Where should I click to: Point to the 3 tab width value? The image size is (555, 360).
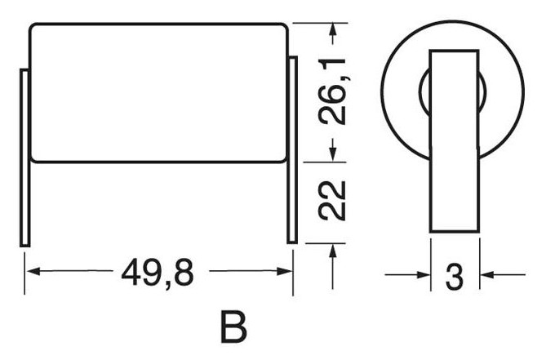point(455,277)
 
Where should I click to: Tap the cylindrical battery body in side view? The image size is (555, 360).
point(159,91)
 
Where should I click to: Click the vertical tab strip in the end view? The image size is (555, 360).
point(454,139)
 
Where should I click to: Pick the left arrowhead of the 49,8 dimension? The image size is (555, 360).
point(31,273)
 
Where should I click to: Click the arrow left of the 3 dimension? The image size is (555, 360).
point(423,275)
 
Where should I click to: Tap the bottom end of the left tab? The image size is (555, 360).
point(24,242)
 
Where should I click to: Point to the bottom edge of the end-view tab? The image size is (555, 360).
point(454,233)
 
